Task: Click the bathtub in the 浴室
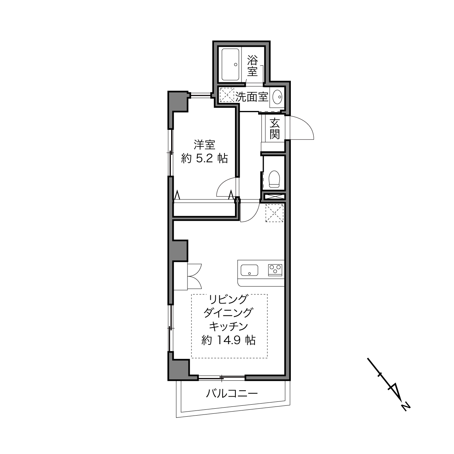(230, 65)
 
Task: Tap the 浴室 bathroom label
(252, 66)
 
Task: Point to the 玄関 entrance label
(275, 129)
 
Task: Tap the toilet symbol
(274, 179)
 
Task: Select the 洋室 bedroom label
(205, 145)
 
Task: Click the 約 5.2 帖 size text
(205, 158)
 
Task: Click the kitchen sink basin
(249, 270)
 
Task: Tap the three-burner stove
(275, 270)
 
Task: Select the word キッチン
(228, 326)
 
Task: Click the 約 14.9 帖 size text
(228, 340)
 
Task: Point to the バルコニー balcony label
(232, 393)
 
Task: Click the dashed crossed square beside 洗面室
(226, 95)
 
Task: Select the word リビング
(228, 299)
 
